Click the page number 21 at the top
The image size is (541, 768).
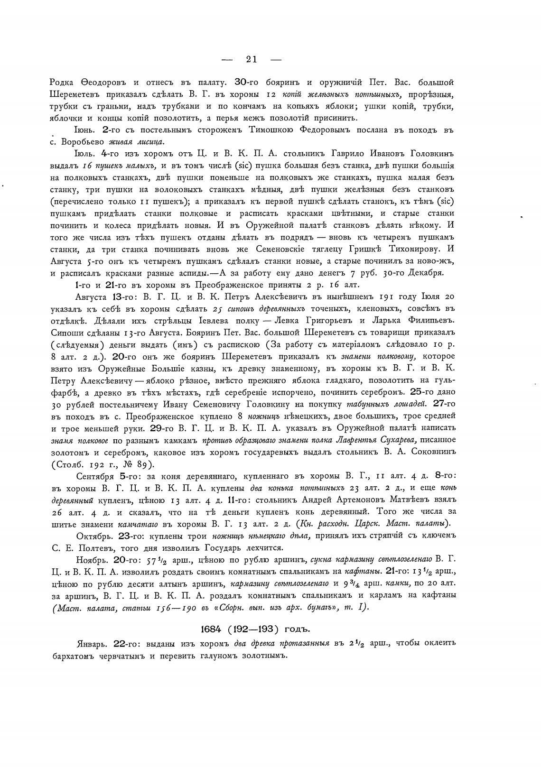point(252,59)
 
